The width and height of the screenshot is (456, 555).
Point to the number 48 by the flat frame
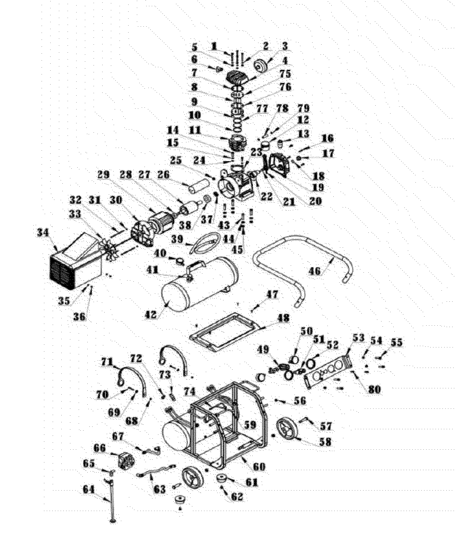pos(283,318)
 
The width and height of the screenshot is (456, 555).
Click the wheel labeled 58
pos(288,430)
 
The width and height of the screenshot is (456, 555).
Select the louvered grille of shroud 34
pos(62,274)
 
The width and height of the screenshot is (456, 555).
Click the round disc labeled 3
pos(261,66)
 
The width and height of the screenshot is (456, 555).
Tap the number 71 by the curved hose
pos(107,362)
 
